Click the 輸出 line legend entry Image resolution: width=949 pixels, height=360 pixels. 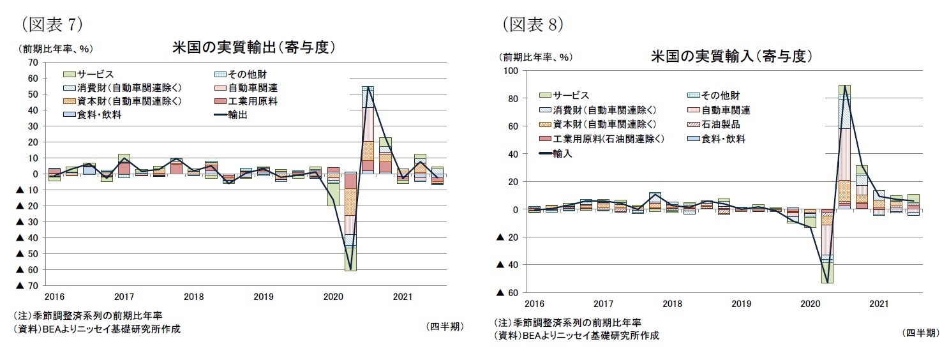(239, 114)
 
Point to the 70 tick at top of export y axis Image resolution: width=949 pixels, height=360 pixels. (34, 63)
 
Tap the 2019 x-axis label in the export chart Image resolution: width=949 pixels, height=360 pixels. (262, 296)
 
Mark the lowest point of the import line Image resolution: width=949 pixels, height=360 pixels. (826, 282)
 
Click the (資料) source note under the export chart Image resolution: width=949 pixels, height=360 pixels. (96, 329)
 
